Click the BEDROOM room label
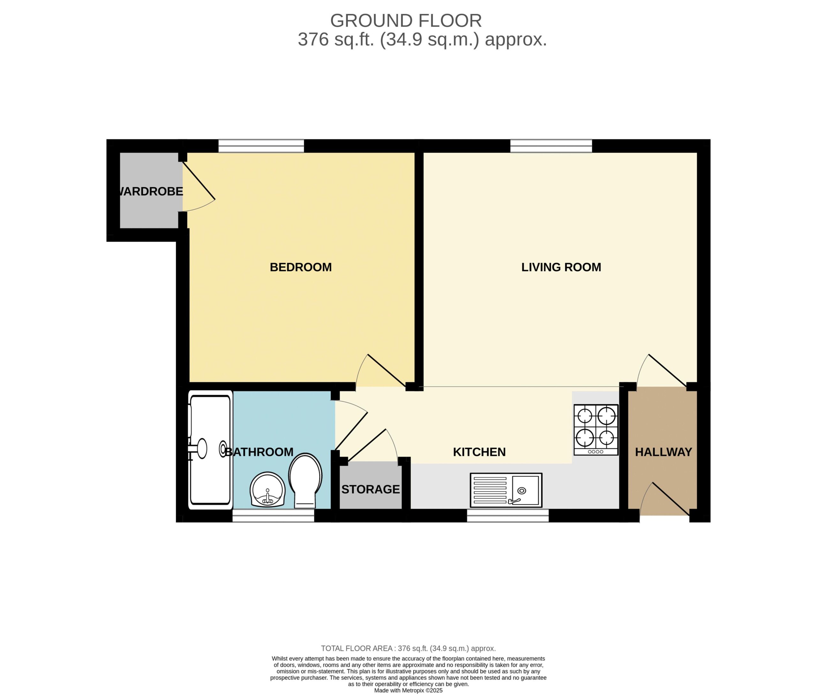pos(301,267)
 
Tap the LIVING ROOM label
pos(561,267)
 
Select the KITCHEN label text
pos(479,452)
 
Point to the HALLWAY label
pos(663,452)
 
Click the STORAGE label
pos(371,489)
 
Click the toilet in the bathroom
pos(305,480)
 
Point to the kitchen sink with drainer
pos(506,490)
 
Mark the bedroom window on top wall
pos(261,146)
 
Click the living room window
pos(551,146)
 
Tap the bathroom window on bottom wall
pos(273,516)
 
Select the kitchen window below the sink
pos(508,516)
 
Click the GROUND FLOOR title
pos(406,20)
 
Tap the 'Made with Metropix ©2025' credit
pos(408,690)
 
